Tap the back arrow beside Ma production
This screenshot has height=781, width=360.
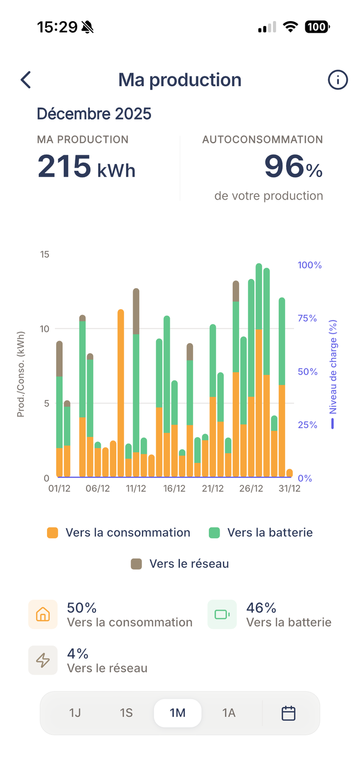point(26,80)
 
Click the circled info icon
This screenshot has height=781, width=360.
point(337,80)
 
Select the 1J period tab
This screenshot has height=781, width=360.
point(75,713)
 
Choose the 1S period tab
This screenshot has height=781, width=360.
point(126,713)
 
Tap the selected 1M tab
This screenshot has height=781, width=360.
point(178,713)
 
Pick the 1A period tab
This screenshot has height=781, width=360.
point(229,713)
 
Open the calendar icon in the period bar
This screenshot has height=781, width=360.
point(289,713)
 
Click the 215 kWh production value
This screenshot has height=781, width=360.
point(87,166)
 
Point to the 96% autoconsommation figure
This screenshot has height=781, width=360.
point(293,166)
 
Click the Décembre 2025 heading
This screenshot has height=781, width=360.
point(94,114)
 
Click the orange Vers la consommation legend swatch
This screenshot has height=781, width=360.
point(53,533)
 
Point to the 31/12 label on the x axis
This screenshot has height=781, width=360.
point(290,488)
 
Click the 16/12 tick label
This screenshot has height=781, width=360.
point(174,488)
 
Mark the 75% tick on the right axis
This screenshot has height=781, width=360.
point(307,319)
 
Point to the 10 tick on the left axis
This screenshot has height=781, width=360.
point(45,329)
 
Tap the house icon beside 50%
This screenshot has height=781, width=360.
point(43,614)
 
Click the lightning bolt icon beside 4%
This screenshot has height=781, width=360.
point(43,660)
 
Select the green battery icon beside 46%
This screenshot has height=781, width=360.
point(222,614)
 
